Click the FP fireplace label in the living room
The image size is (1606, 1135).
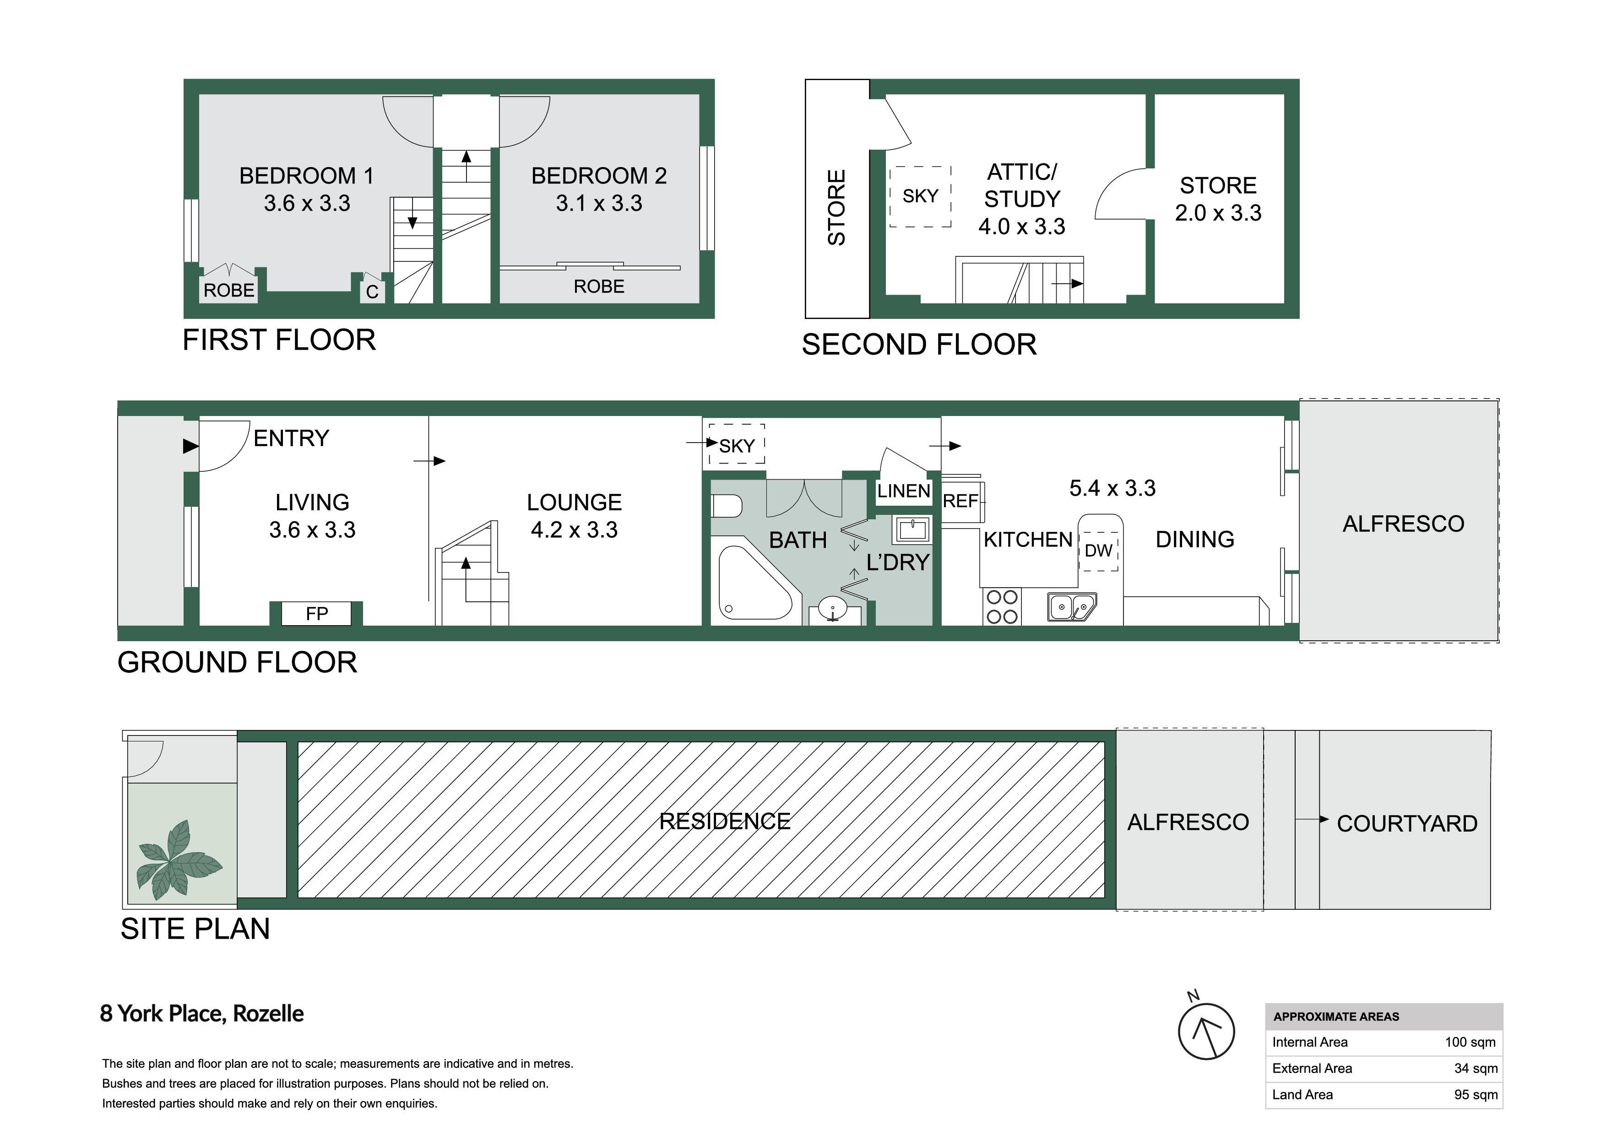(x=317, y=613)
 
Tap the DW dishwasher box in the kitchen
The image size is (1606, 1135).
(x=1099, y=551)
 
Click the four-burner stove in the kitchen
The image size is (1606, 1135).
(x=1002, y=606)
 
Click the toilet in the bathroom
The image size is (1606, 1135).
(x=726, y=506)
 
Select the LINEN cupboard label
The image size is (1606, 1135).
(x=904, y=491)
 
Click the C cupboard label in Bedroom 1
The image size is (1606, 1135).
(x=372, y=292)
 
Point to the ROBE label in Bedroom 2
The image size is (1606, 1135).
(x=599, y=286)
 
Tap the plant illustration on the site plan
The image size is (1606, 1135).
(x=179, y=859)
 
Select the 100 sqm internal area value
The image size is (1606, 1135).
(x=1470, y=1043)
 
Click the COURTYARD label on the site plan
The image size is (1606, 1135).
(x=1407, y=824)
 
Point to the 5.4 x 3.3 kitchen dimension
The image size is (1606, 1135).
(x=1112, y=488)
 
